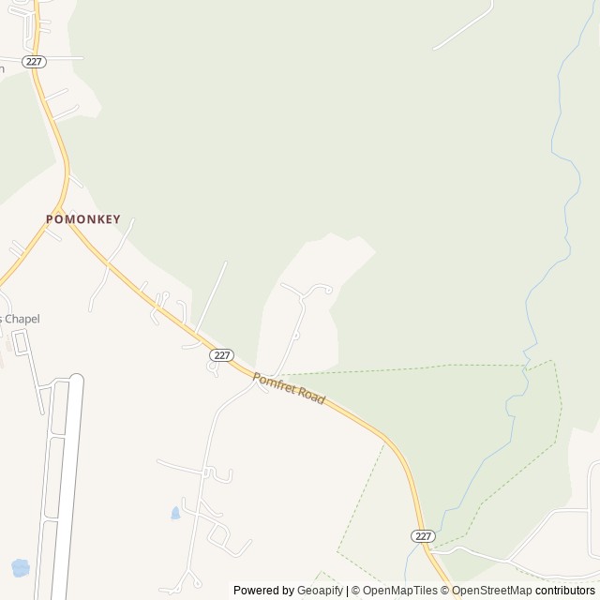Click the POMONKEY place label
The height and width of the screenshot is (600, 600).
84,217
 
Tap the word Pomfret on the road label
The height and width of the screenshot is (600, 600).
274,382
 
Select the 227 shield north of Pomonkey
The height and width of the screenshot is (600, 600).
35,61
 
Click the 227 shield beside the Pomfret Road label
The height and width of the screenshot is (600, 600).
221,354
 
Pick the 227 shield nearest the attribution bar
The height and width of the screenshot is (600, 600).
423,535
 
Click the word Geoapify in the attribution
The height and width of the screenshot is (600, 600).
320,591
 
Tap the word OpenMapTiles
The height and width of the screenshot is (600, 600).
399,591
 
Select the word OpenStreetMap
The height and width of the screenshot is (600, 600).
491,591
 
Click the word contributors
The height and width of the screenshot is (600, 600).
566,591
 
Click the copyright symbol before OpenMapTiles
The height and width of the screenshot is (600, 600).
355,591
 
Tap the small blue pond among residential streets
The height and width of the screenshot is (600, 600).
174,513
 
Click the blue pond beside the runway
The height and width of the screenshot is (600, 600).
19,567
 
